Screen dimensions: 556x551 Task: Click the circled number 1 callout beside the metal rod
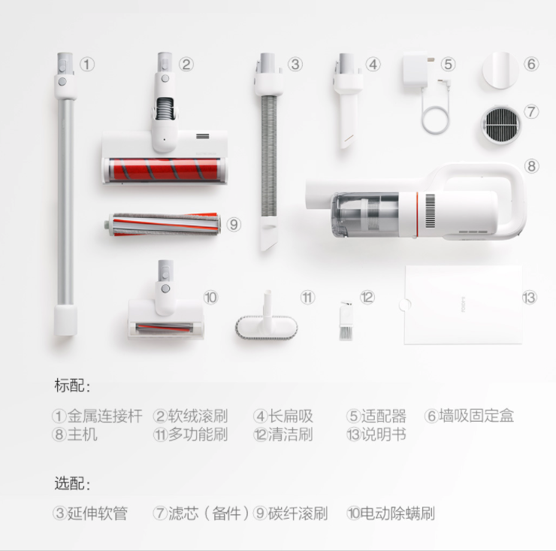pos(87,65)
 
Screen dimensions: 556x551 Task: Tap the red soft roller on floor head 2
pos(165,169)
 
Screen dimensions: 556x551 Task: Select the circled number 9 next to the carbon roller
pos(234,225)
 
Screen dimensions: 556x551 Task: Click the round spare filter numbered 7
pos(500,125)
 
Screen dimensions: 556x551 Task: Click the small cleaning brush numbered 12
pos(346,321)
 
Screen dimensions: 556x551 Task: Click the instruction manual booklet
pos(463,304)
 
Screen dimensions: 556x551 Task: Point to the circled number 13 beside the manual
pos(530,298)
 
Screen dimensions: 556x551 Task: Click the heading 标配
pos(72,386)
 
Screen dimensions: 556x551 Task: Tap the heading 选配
pos(72,483)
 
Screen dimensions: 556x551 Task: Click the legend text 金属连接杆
pos(105,416)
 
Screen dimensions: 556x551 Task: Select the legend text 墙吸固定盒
pos(476,416)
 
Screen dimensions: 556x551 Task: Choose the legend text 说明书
pos(383,434)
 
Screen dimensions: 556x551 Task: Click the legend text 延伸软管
pos(98,513)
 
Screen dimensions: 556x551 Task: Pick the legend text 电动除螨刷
pos(398,513)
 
